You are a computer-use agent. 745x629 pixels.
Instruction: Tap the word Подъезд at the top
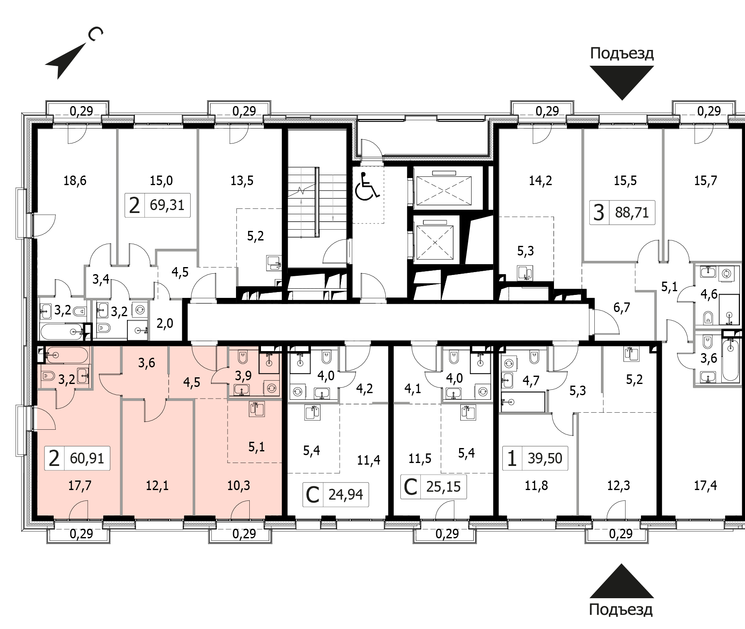click(622, 53)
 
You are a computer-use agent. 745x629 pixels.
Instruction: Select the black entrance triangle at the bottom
click(621, 581)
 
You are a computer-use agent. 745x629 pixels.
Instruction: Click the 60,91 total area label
click(87, 458)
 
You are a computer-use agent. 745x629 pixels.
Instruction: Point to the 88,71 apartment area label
click(632, 213)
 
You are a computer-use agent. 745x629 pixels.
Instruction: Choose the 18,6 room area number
click(75, 181)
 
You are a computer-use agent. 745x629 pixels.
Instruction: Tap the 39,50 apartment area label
click(545, 458)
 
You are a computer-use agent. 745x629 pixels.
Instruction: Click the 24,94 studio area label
click(345, 495)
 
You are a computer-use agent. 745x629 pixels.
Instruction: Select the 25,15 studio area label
click(443, 486)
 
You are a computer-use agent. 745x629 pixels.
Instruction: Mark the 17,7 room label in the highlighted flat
click(79, 485)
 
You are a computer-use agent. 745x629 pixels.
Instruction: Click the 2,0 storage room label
click(165, 323)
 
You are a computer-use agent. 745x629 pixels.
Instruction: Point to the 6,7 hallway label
click(622, 307)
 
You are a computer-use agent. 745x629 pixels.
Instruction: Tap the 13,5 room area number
click(242, 181)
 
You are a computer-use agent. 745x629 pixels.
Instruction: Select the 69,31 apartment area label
click(167, 205)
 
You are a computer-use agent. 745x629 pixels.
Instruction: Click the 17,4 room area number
click(705, 485)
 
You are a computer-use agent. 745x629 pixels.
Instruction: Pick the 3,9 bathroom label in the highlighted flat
click(243, 376)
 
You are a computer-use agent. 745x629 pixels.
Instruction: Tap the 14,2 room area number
click(540, 181)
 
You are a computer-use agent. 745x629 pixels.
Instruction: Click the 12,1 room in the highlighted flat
click(157, 485)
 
